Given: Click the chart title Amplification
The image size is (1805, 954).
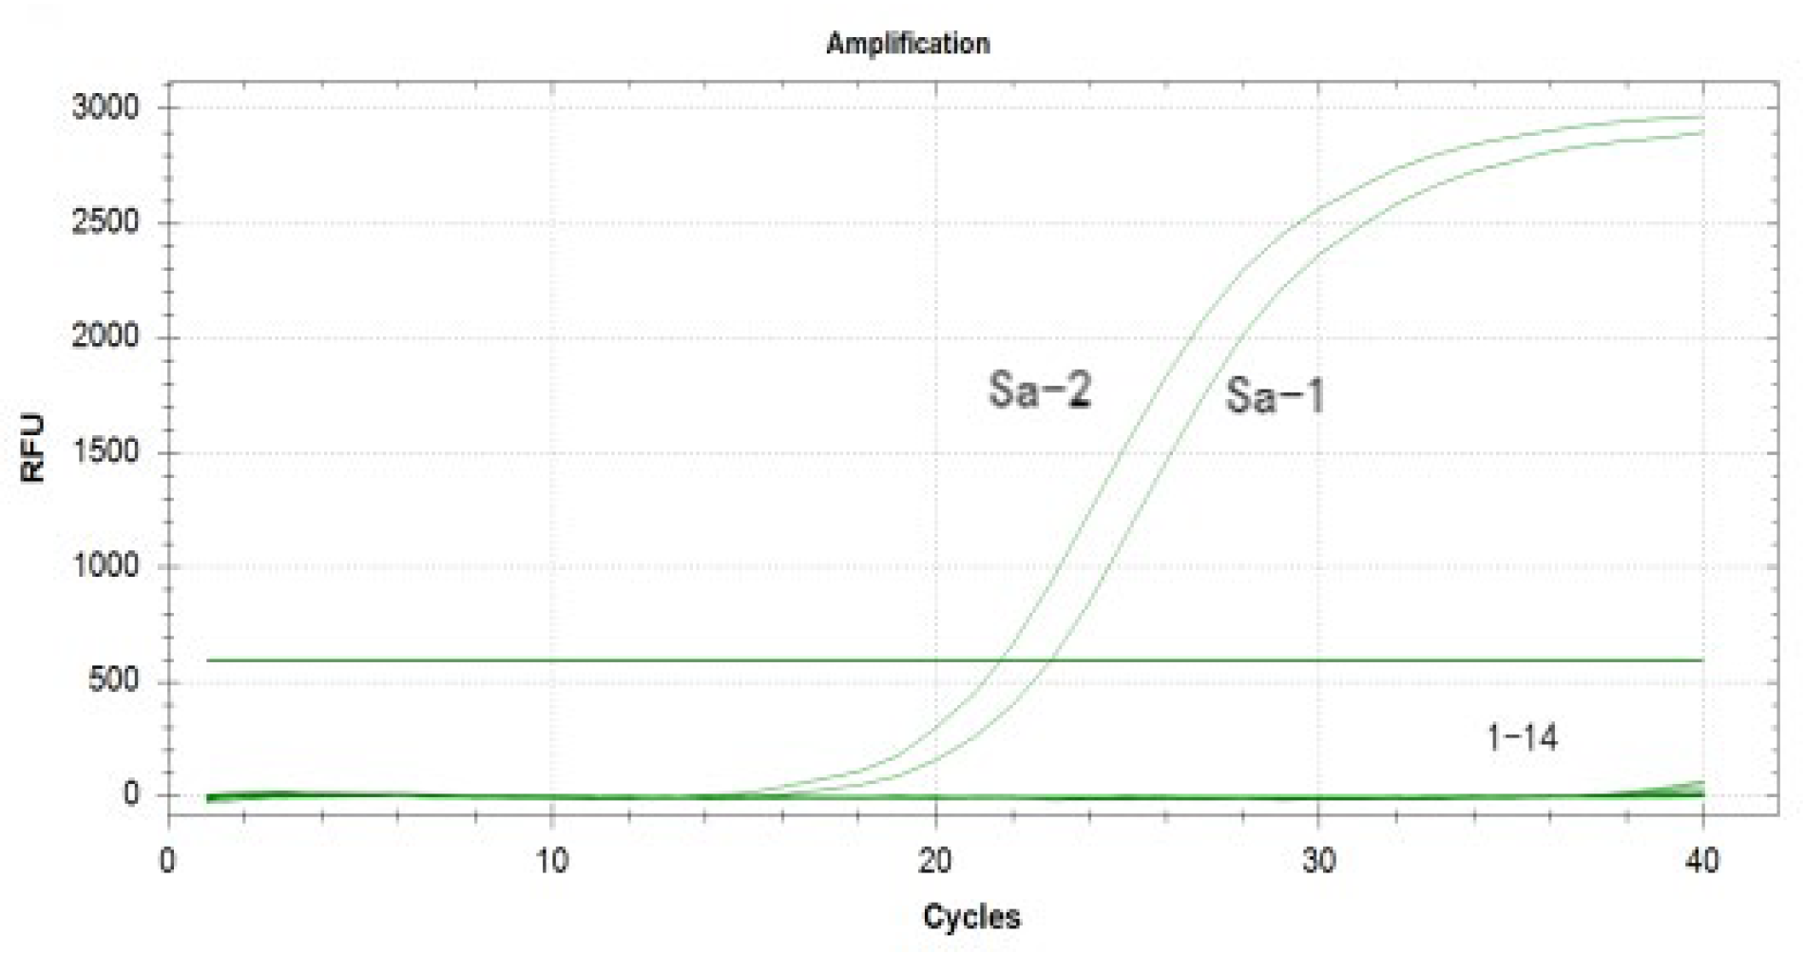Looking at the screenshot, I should [x=908, y=44].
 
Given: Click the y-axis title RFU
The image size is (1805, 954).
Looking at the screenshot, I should [x=33, y=448].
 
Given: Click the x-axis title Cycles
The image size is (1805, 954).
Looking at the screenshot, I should [x=971, y=917].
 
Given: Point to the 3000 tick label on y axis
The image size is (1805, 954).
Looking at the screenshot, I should [x=106, y=107].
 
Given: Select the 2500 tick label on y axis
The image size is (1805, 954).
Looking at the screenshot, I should [x=106, y=222].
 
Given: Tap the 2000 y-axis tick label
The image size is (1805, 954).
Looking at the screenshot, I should [x=106, y=336].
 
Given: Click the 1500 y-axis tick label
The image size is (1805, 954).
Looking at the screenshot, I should [x=106, y=451].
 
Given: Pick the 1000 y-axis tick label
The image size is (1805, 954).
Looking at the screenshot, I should [x=106, y=566].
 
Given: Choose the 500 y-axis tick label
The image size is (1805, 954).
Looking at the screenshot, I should [x=113, y=680].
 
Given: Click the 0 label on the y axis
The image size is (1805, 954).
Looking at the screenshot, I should [x=131, y=794].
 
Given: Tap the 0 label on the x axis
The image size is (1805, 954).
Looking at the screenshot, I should [x=168, y=861].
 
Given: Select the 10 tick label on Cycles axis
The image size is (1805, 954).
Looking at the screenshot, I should [x=551, y=861].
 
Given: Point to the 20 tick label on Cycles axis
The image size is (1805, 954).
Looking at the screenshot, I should [x=935, y=861].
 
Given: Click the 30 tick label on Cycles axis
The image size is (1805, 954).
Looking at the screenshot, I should [x=1318, y=861].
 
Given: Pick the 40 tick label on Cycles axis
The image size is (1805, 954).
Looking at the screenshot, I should [x=1701, y=861].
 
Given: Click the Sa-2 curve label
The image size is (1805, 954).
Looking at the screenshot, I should [x=1039, y=390].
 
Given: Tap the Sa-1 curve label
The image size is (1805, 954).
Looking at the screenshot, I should [x=1275, y=395].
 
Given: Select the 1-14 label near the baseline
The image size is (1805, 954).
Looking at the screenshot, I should [x=1522, y=737].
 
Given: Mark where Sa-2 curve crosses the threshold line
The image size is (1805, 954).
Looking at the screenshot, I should [x=1005, y=659].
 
